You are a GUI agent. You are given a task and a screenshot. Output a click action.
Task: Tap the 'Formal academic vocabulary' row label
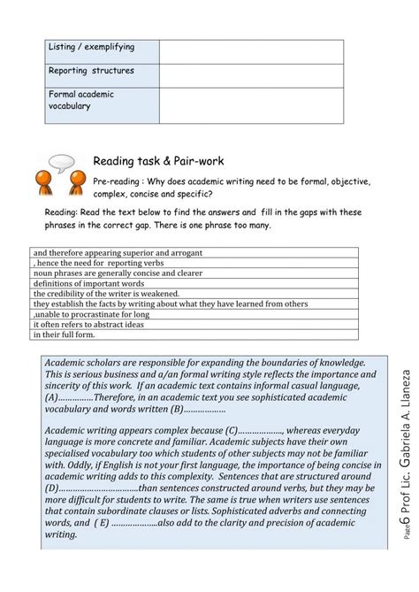click(x=81, y=100)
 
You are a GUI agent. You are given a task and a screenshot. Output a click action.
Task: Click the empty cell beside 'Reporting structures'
click(x=251, y=75)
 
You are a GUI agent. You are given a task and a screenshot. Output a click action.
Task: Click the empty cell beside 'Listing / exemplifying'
click(x=251, y=51)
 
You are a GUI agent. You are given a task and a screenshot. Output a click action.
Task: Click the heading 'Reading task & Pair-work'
click(x=158, y=161)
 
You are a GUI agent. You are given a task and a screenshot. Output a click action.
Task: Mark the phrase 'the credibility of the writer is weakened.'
click(x=107, y=294)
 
